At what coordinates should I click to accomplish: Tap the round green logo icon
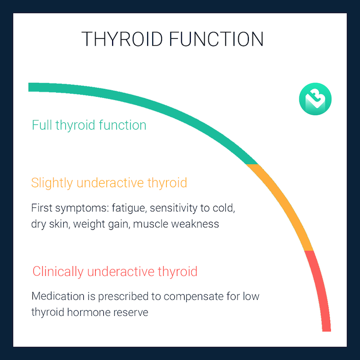315,99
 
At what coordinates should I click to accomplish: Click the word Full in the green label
41,125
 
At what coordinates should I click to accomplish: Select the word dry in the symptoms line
39,224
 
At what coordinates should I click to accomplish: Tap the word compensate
202,297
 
